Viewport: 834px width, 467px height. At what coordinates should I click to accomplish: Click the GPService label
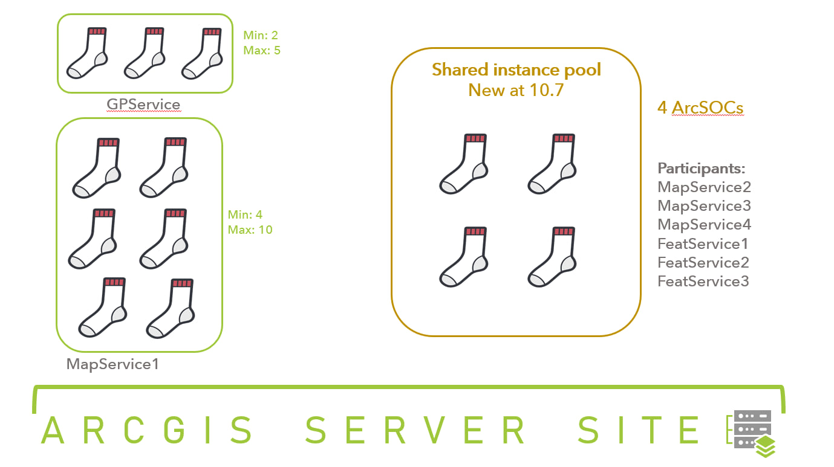tap(143, 105)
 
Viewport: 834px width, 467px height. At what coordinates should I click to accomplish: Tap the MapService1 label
tap(112, 364)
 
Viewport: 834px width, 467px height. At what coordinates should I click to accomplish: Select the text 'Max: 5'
tap(262, 50)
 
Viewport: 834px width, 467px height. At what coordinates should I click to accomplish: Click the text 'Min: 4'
tap(245, 214)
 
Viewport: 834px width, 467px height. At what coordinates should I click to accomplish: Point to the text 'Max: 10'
tap(250, 230)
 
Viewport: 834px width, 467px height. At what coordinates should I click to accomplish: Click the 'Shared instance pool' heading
tap(516, 69)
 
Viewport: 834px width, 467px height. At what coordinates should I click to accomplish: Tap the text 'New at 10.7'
tap(516, 90)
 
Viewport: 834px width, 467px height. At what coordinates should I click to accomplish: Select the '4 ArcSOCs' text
tap(700, 109)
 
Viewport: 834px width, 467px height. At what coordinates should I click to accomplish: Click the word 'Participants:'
tap(701, 168)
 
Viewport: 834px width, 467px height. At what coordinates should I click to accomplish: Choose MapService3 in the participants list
tap(704, 206)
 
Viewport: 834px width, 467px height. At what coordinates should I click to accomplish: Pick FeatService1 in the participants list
tap(703, 244)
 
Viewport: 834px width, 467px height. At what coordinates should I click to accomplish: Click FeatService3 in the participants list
tap(703, 282)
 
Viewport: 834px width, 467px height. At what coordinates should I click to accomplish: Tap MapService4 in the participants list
tap(704, 225)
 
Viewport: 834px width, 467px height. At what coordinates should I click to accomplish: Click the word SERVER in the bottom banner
tap(415, 430)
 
